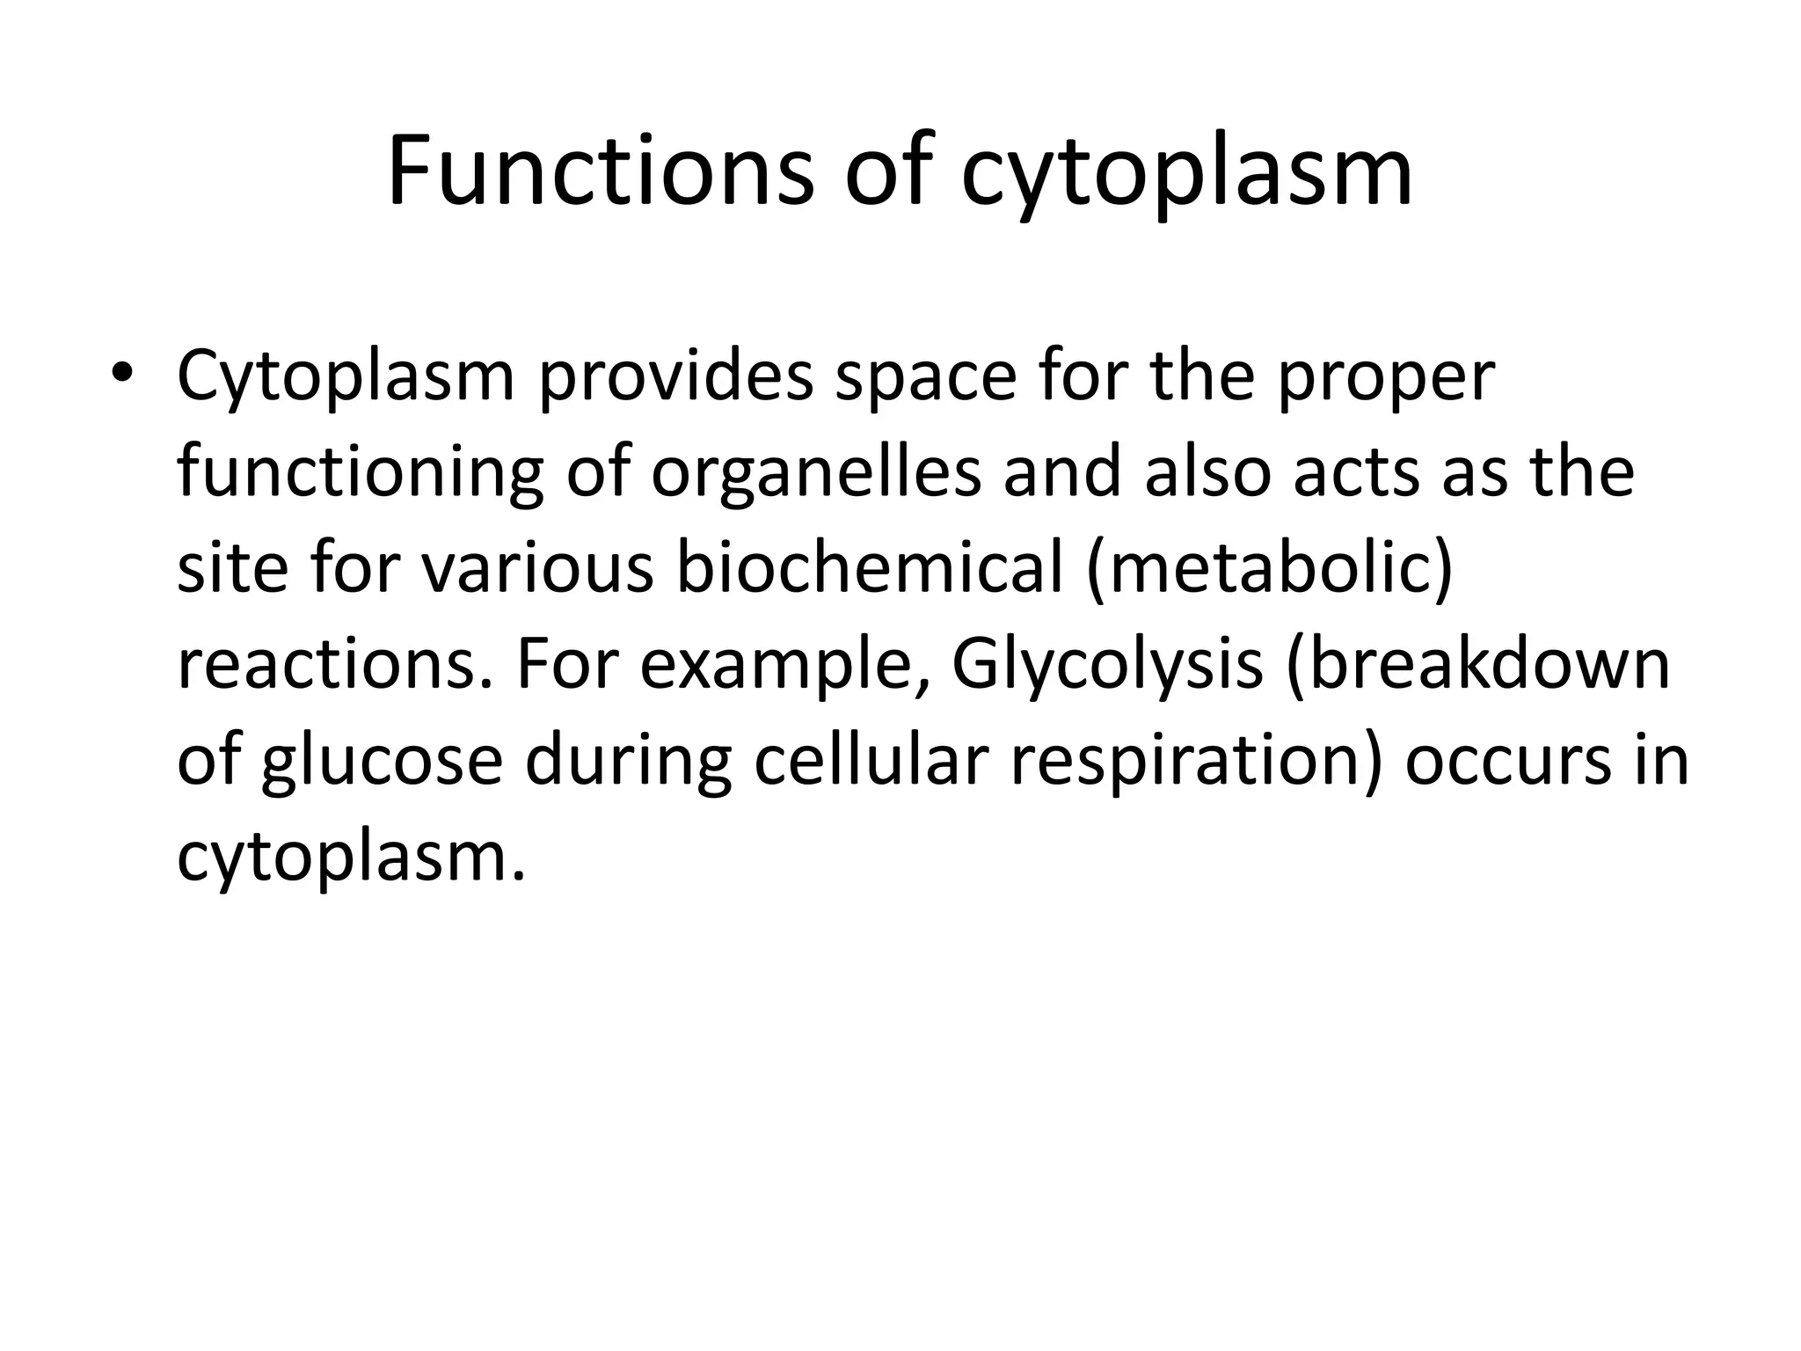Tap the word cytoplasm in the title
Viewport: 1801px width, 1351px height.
(1186, 176)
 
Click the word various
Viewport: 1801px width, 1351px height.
(537, 569)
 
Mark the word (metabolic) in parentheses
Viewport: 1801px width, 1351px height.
(1270, 569)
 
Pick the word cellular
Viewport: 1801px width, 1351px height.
(871, 760)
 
